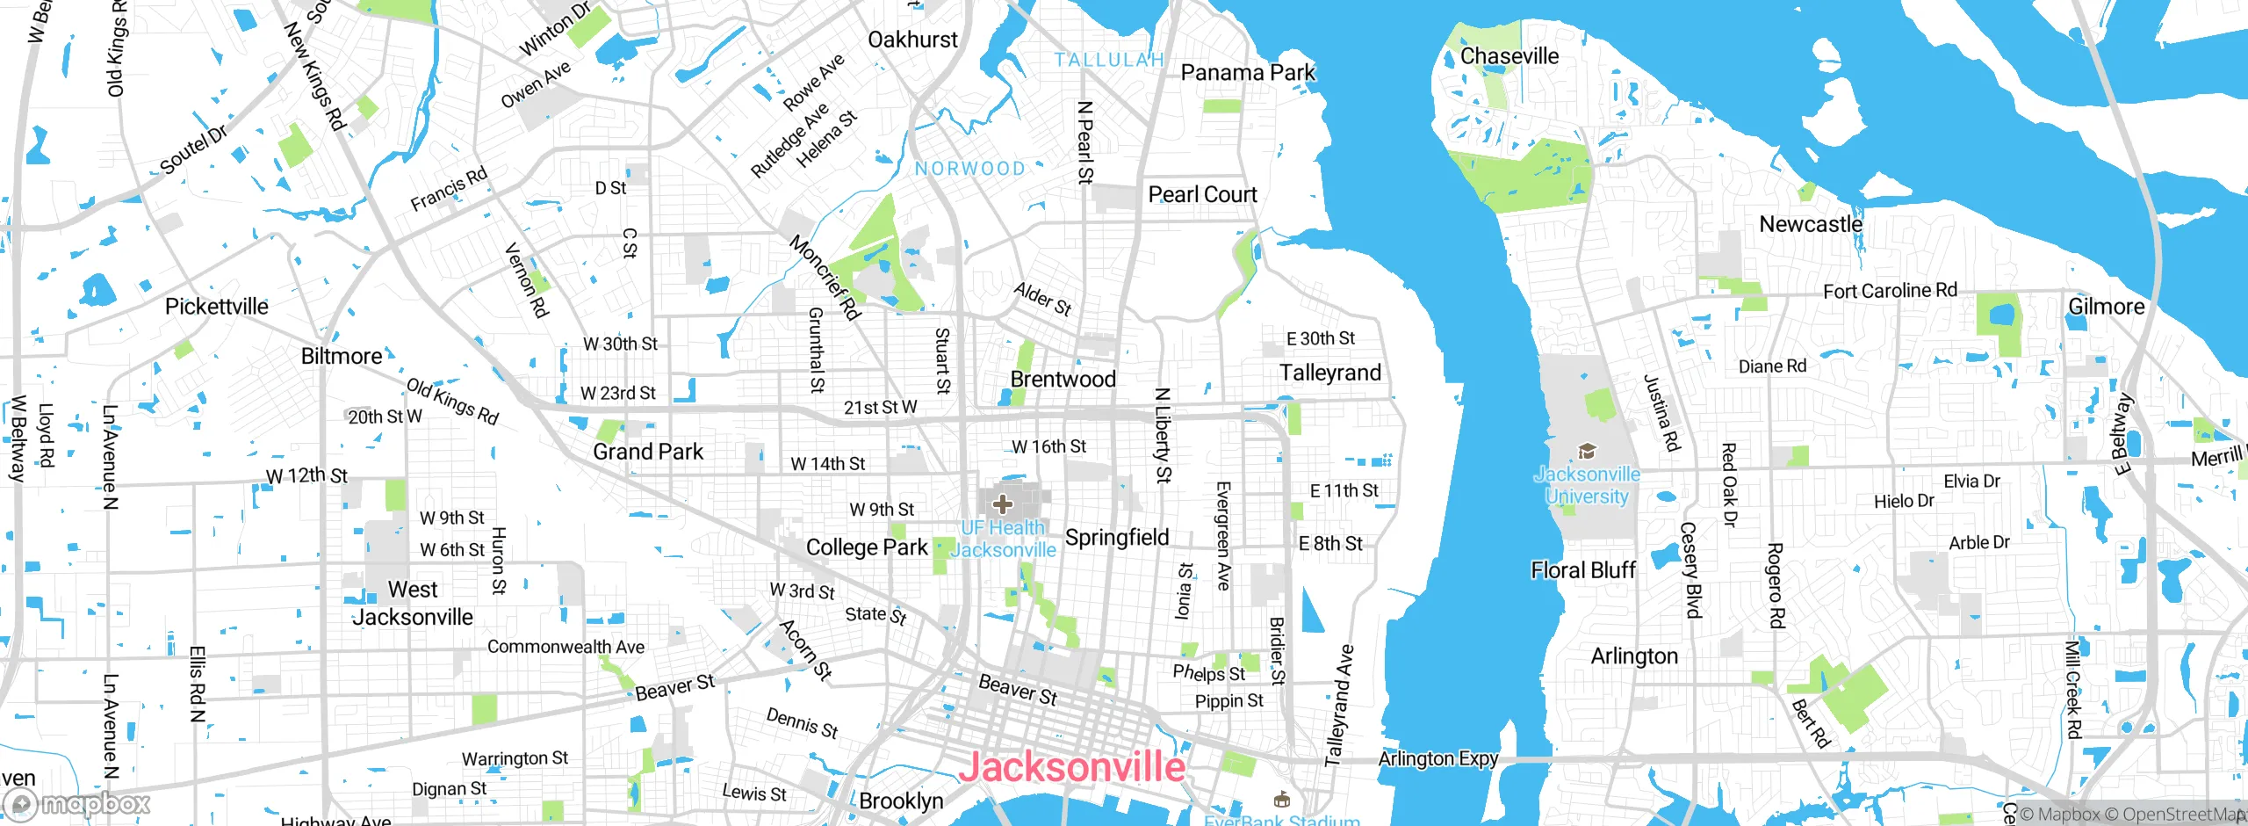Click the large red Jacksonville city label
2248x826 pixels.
pos(1071,767)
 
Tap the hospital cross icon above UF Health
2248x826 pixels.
pos(1002,504)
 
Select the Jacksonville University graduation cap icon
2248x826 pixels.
pos(1587,452)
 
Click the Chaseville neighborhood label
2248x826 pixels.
pos(1509,56)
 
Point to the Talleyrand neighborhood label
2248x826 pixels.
pos(1330,373)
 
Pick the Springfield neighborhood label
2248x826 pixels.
pos(1117,537)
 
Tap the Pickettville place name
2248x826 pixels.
pos(217,307)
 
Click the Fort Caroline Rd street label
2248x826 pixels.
pos(1890,291)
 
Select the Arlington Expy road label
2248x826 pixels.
pos(1438,758)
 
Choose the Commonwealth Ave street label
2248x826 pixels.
pos(566,647)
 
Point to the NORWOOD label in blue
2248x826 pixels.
pos(969,169)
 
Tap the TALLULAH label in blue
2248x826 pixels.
pos(1109,60)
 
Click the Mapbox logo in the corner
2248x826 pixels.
pos(77,803)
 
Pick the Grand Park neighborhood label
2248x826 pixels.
pos(648,452)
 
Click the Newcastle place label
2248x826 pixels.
pos(1811,225)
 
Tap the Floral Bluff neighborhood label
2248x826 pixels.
pos(1583,570)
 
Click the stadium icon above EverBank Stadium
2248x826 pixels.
pos(1281,799)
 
